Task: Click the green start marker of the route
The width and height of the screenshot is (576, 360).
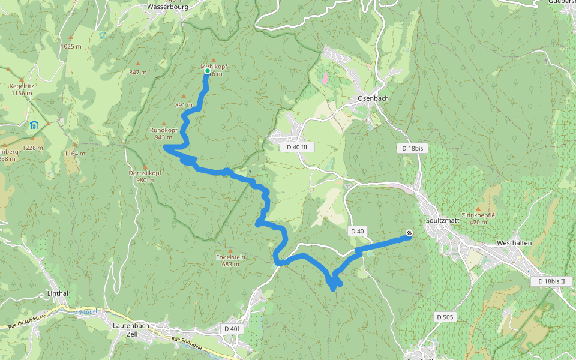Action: [207, 71]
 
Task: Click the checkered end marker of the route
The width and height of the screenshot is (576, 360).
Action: [409, 233]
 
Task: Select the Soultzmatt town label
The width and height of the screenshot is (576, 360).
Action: [442, 220]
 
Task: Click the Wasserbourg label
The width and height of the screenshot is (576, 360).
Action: [167, 7]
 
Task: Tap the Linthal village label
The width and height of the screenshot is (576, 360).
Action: [58, 293]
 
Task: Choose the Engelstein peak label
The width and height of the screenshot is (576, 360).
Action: [231, 257]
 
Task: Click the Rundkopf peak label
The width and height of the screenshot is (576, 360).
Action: [164, 130]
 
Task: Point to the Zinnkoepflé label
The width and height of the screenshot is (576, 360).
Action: [478, 215]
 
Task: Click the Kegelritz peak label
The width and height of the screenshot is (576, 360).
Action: [21, 86]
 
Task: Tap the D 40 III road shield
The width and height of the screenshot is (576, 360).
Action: [297, 147]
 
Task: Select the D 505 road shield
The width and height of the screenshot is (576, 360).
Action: [445, 317]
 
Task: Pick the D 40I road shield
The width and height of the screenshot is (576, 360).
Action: [232, 328]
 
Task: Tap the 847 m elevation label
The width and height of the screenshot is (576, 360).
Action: [137, 73]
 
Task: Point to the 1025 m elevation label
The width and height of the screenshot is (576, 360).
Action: [71, 46]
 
